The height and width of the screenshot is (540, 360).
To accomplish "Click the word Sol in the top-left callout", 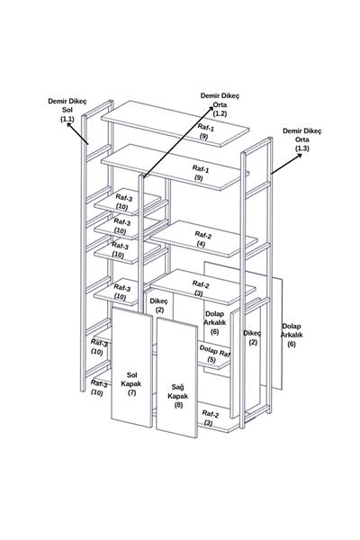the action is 67,110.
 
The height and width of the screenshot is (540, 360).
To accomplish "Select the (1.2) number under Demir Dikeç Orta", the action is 220,113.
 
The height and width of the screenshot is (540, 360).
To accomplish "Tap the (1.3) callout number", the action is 302,148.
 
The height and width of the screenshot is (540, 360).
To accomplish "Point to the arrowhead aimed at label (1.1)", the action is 69,125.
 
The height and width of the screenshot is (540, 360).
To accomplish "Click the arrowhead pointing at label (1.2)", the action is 211,109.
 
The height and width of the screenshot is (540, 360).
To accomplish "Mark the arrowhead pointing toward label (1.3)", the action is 299,156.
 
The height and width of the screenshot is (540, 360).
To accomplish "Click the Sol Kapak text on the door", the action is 131,379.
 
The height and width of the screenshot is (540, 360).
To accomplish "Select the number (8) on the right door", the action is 178,405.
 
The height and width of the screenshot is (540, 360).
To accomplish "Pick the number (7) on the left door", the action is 132,392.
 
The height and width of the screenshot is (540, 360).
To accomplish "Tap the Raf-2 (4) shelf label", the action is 202,239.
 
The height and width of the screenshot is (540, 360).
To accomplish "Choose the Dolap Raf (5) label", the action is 214,355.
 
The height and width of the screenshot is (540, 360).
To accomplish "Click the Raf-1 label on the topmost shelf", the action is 205,128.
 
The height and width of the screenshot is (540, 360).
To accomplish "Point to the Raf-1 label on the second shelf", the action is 201,169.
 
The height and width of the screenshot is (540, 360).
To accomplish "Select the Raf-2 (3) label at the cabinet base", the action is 210,418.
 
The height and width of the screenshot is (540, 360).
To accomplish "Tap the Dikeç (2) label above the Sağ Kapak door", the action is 158,305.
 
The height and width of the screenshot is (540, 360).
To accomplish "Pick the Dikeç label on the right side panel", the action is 253,333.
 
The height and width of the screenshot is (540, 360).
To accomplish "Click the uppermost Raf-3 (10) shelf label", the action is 123,202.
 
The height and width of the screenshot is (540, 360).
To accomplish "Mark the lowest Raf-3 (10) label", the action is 98,388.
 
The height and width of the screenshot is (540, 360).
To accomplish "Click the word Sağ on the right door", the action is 178,387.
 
